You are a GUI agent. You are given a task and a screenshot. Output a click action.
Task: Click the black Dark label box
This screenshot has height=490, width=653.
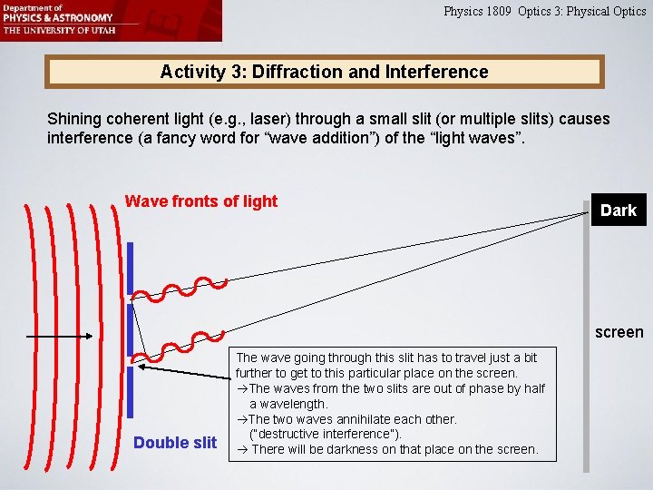(618, 211)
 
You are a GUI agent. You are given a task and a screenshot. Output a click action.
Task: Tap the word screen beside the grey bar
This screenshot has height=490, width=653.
(619, 332)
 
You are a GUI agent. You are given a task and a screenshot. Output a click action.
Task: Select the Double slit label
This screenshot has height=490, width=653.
(175, 443)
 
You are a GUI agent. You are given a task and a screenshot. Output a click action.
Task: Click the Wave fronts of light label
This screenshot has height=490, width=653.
(200, 201)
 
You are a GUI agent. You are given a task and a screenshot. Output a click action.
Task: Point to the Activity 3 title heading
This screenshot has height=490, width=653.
(324, 72)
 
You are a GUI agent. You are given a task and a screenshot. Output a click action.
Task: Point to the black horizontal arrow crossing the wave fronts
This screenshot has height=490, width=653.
(73, 337)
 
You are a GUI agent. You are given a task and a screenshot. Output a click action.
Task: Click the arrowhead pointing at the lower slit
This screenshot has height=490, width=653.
(145, 368)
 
